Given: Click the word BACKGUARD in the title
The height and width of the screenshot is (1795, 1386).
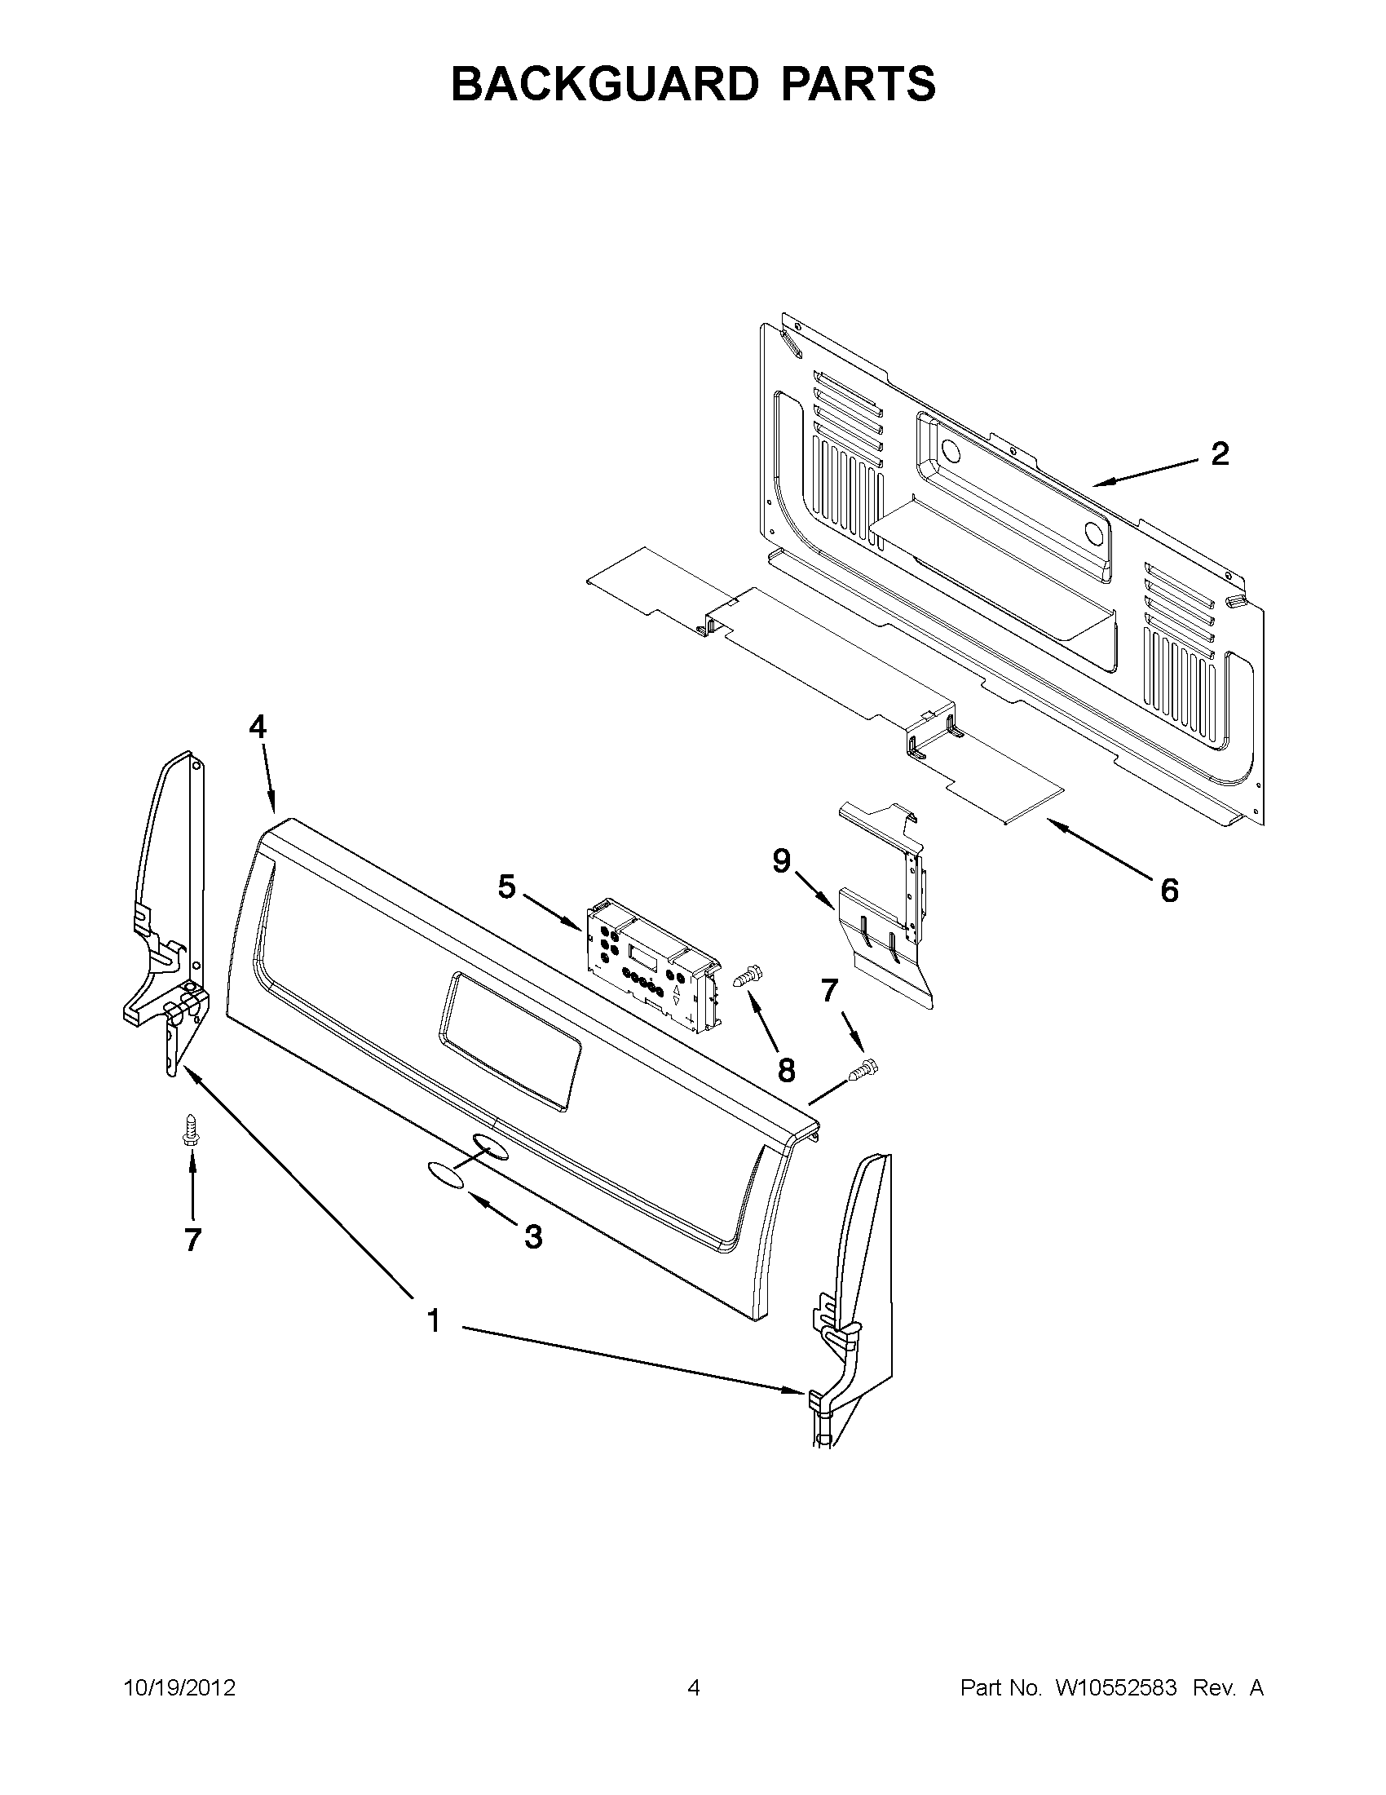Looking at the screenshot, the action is [x=603, y=84].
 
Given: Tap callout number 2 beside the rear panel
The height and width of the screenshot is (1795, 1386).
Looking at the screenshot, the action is [x=1220, y=454].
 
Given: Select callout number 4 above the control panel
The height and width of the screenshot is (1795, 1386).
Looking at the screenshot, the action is [x=258, y=727].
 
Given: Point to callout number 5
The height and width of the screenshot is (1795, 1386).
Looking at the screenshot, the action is [x=506, y=886].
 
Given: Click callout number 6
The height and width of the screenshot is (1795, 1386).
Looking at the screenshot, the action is [x=1169, y=890].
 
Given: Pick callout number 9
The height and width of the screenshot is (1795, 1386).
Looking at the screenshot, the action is [x=781, y=861].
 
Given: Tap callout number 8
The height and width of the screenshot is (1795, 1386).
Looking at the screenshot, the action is [x=786, y=1069].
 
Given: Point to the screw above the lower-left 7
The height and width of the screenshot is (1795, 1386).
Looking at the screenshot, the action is [x=192, y=1127].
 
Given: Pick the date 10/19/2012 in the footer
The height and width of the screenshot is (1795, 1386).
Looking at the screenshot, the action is [x=179, y=1688].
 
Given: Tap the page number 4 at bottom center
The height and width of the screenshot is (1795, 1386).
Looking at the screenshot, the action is [x=694, y=1688].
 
